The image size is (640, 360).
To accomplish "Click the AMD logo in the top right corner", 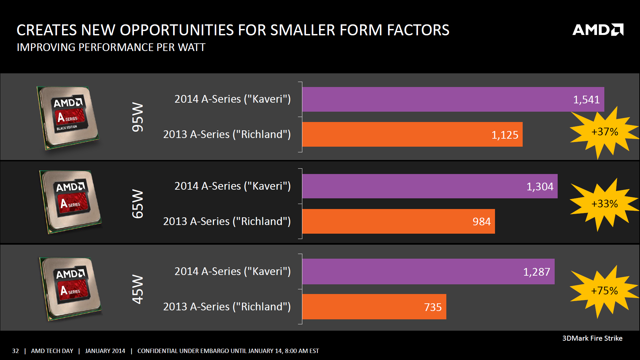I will tap(598, 30).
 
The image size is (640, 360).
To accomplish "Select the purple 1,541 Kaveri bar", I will tap(453, 99).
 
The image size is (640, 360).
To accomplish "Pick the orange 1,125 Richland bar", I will tap(412, 134).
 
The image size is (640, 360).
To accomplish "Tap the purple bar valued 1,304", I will tap(429, 186).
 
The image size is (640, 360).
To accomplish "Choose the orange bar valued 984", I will tap(398, 221).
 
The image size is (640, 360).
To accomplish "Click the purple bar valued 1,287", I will tap(428, 272).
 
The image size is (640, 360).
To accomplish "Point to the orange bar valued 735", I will tap(374, 307).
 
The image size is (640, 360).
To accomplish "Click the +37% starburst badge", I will tap(604, 132).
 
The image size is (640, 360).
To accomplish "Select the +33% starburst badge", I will tap(604, 204).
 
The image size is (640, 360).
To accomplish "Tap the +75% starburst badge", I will tap(604, 291).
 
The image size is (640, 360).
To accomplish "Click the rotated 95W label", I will tap(138, 117).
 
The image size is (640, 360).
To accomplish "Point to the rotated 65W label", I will tap(138, 204).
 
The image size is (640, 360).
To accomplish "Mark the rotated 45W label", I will tap(138, 289).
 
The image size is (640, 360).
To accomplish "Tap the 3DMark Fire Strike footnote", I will tap(592, 338).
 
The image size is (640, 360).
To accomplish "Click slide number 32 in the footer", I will tap(15, 351).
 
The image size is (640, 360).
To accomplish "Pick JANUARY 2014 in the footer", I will tap(105, 351).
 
